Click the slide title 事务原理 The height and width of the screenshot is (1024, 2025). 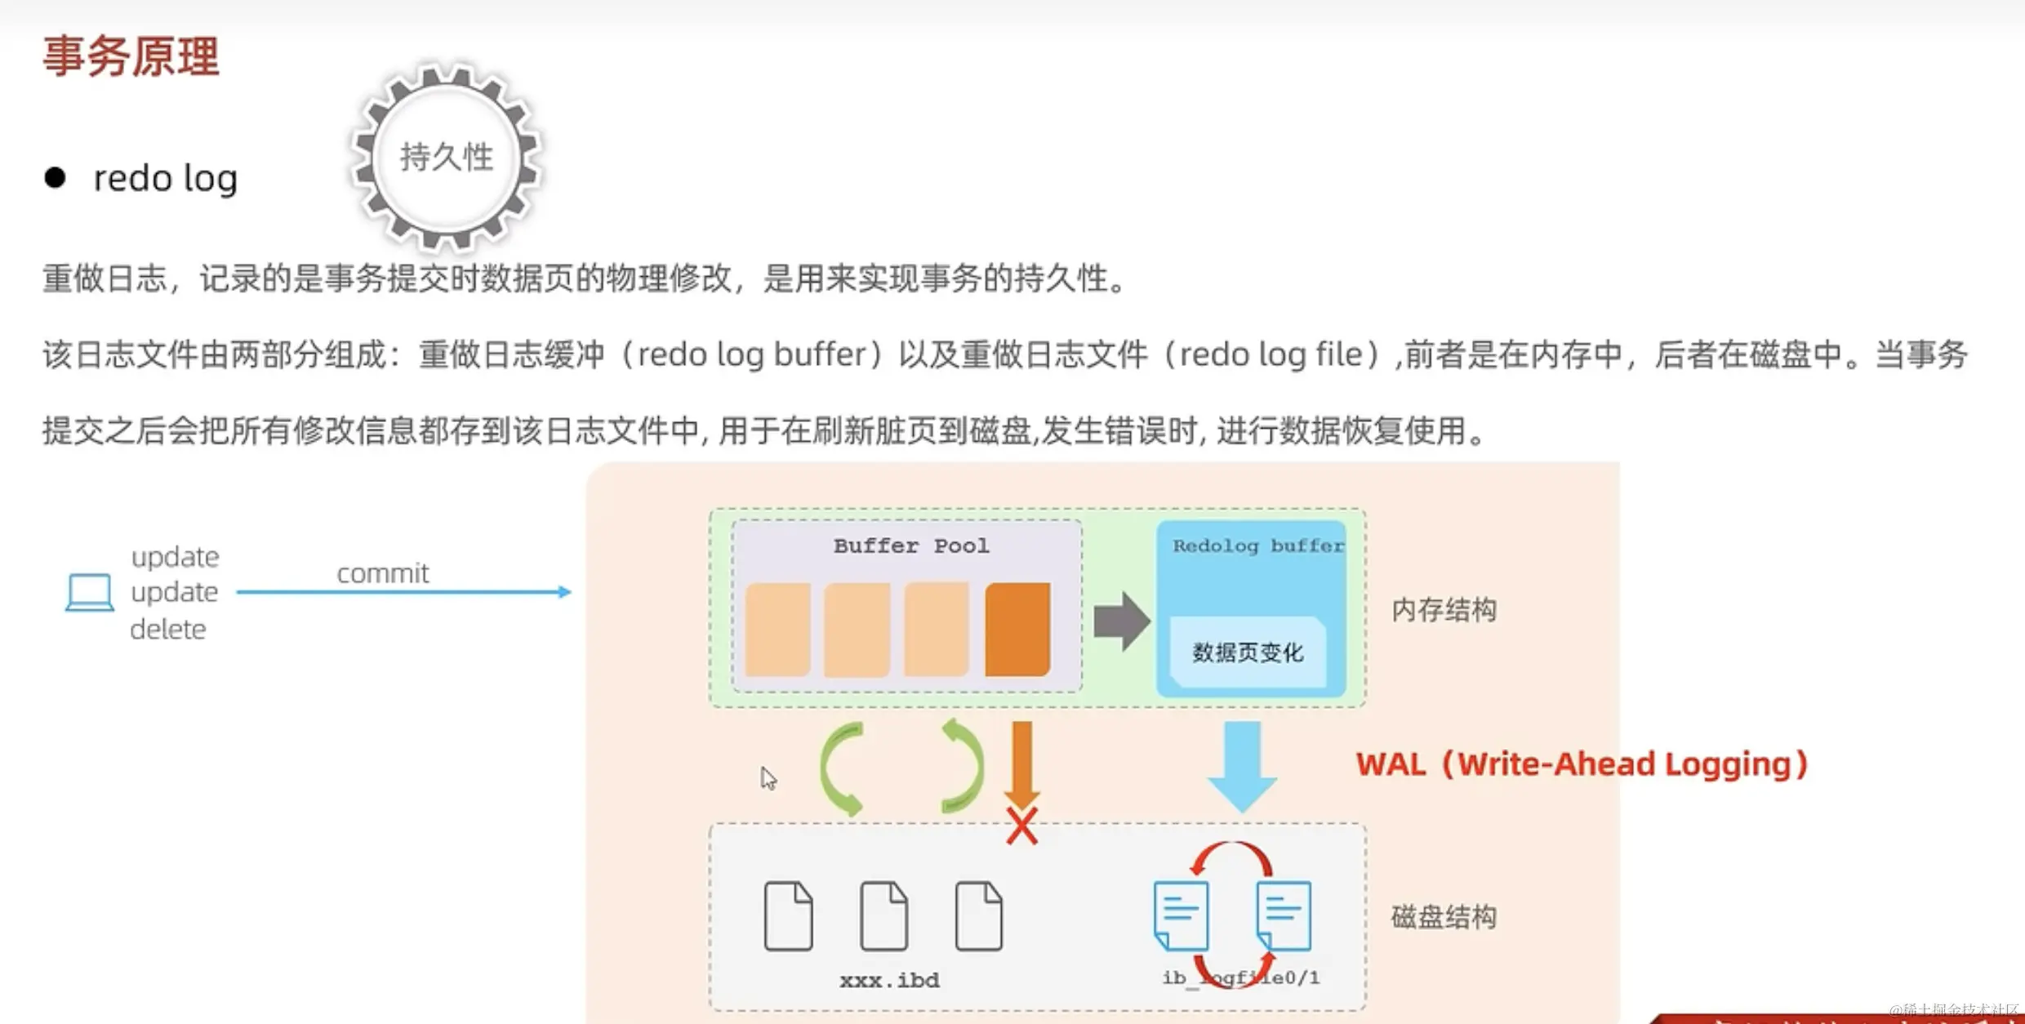pyautogui.click(x=131, y=57)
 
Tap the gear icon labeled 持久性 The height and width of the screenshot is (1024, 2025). pyautogui.click(x=447, y=157)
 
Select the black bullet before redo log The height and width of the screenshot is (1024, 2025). pyautogui.click(x=55, y=178)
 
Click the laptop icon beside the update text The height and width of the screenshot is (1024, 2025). pyautogui.click(x=89, y=593)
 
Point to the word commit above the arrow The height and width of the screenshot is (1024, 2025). pyautogui.click(x=382, y=573)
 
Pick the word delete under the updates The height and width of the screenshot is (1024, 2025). pyautogui.click(x=168, y=630)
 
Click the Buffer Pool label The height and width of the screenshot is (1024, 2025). pyautogui.click(x=910, y=545)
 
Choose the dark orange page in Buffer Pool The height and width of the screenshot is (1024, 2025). pyautogui.click(x=1017, y=630)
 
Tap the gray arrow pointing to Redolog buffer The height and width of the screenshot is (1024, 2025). pyautogui.click(x=1121, y=621)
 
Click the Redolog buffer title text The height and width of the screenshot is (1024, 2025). pyautogui.click(x=1257, y=545)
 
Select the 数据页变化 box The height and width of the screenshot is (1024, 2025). pyautogui.click(x=1248, y=652)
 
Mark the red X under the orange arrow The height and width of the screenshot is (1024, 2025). pyautogui.click(x=1021, y=826)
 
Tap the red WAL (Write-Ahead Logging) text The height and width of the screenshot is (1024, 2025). pyautogui.click(x=1582, y=764)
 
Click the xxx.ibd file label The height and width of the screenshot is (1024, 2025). pyautogui.click(x=889, y=980)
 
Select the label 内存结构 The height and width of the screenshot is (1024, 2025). pyautogui.click(x=1444, y=610)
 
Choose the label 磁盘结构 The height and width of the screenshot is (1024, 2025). pyautogui.click(x=1444, y=917)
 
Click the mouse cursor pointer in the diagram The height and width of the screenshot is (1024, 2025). pyautogui.click(x=768, y=777)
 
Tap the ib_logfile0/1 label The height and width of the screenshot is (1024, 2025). pyautogui.click(x=1241, y=977)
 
